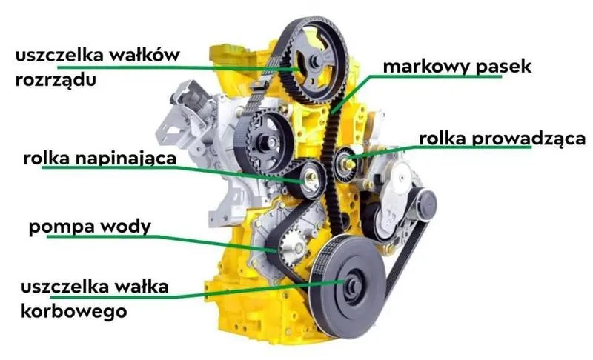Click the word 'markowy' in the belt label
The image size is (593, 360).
[x=427, y=67]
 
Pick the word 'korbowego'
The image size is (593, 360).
[x=73, y=312]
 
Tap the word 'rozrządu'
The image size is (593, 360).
[x=56, y=81]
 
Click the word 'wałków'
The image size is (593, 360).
[x=145, y=55]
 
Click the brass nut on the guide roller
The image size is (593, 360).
[x=348, y=164]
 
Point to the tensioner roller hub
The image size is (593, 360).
[x=311, y=177]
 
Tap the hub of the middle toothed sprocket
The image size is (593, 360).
[x=268, y=142]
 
